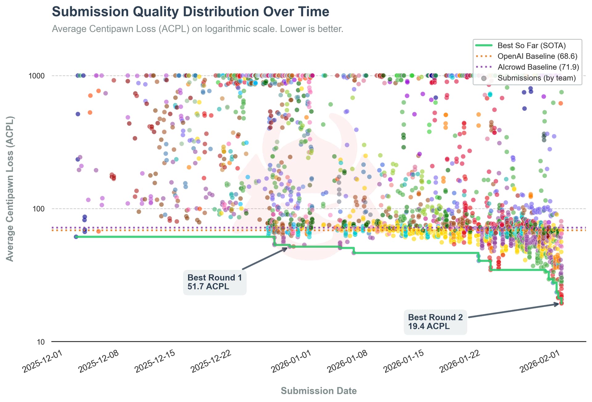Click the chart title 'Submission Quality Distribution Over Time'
(190, 12)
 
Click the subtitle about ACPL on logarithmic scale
(197, 29)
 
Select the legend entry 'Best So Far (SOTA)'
(531, 45)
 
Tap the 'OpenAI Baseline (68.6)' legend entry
(537, 56)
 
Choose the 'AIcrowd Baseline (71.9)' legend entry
(538, 67)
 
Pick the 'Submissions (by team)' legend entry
(536, 78)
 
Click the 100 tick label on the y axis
(39, 209)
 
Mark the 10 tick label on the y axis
(41, 342)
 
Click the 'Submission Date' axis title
(319, 391)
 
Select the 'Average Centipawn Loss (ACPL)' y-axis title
(10, 189)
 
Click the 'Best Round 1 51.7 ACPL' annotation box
(215, 282)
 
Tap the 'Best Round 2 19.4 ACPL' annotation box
(435, 322)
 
